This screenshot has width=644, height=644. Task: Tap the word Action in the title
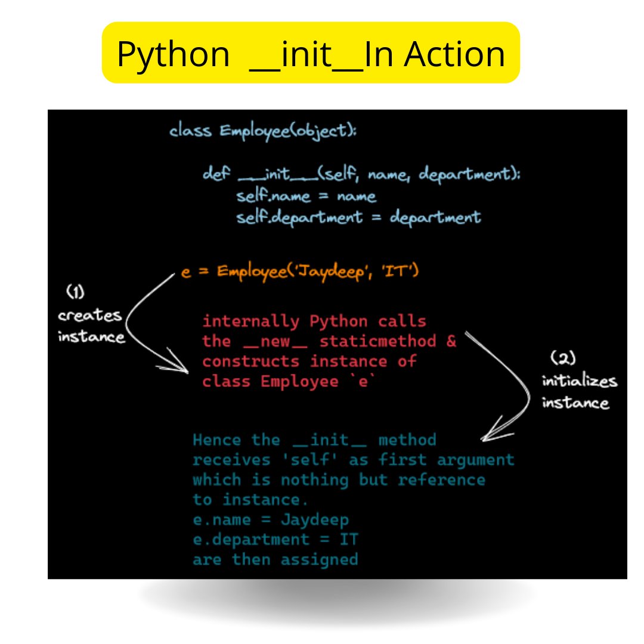(x=455, y=54)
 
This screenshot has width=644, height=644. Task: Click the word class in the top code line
(x=190, y=131)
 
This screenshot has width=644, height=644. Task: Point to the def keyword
(x=215, y=175)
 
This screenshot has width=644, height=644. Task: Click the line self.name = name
(x=306, y=196)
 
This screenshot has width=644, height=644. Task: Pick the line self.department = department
(x=358, y=216)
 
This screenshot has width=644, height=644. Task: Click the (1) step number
(x=75, y=292)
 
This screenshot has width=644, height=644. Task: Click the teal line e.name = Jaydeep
(x=271, y=519)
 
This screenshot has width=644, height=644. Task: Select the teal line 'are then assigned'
(x=275, y=559)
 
